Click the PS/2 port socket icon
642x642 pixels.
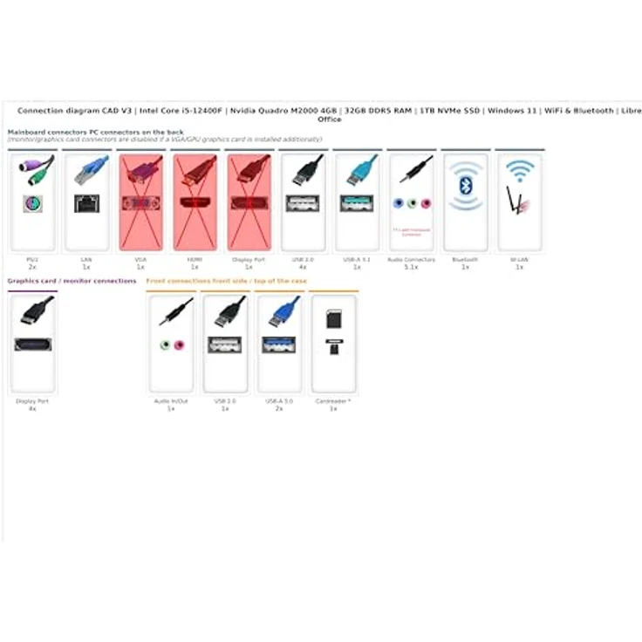pos(33,203)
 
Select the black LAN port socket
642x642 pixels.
pos(86,203)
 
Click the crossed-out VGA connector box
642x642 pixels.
pos(140,201)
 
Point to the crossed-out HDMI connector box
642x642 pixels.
pos(195,201)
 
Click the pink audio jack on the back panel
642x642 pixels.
pos(426,203)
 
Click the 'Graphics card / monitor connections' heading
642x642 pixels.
pos(72,281)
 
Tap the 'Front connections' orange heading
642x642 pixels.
pos(226,281)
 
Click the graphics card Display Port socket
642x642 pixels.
pos(32,345)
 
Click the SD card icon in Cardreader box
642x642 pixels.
pos(333,321)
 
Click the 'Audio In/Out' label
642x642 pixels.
pos(171,401)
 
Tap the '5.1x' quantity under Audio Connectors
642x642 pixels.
pos(411,267)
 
